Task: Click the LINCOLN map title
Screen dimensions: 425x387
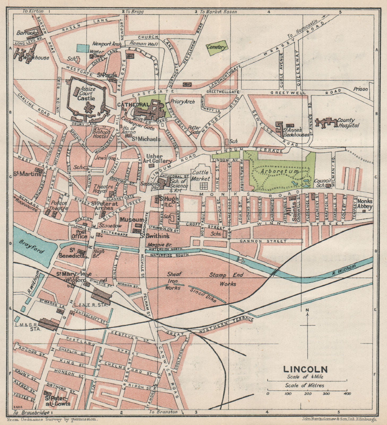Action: click(x=305, y=369)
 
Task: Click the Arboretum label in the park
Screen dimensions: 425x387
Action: click(x=279, y=171)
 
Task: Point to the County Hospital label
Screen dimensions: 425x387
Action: click(x=348, y=123)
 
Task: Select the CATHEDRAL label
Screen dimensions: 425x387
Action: click(x=127, y=105)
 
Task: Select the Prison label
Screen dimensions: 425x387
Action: click(x=360, y=89)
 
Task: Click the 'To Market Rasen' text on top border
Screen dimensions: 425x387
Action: click(x=218, y=12)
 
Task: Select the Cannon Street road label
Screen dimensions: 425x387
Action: click(x=263, y=241)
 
